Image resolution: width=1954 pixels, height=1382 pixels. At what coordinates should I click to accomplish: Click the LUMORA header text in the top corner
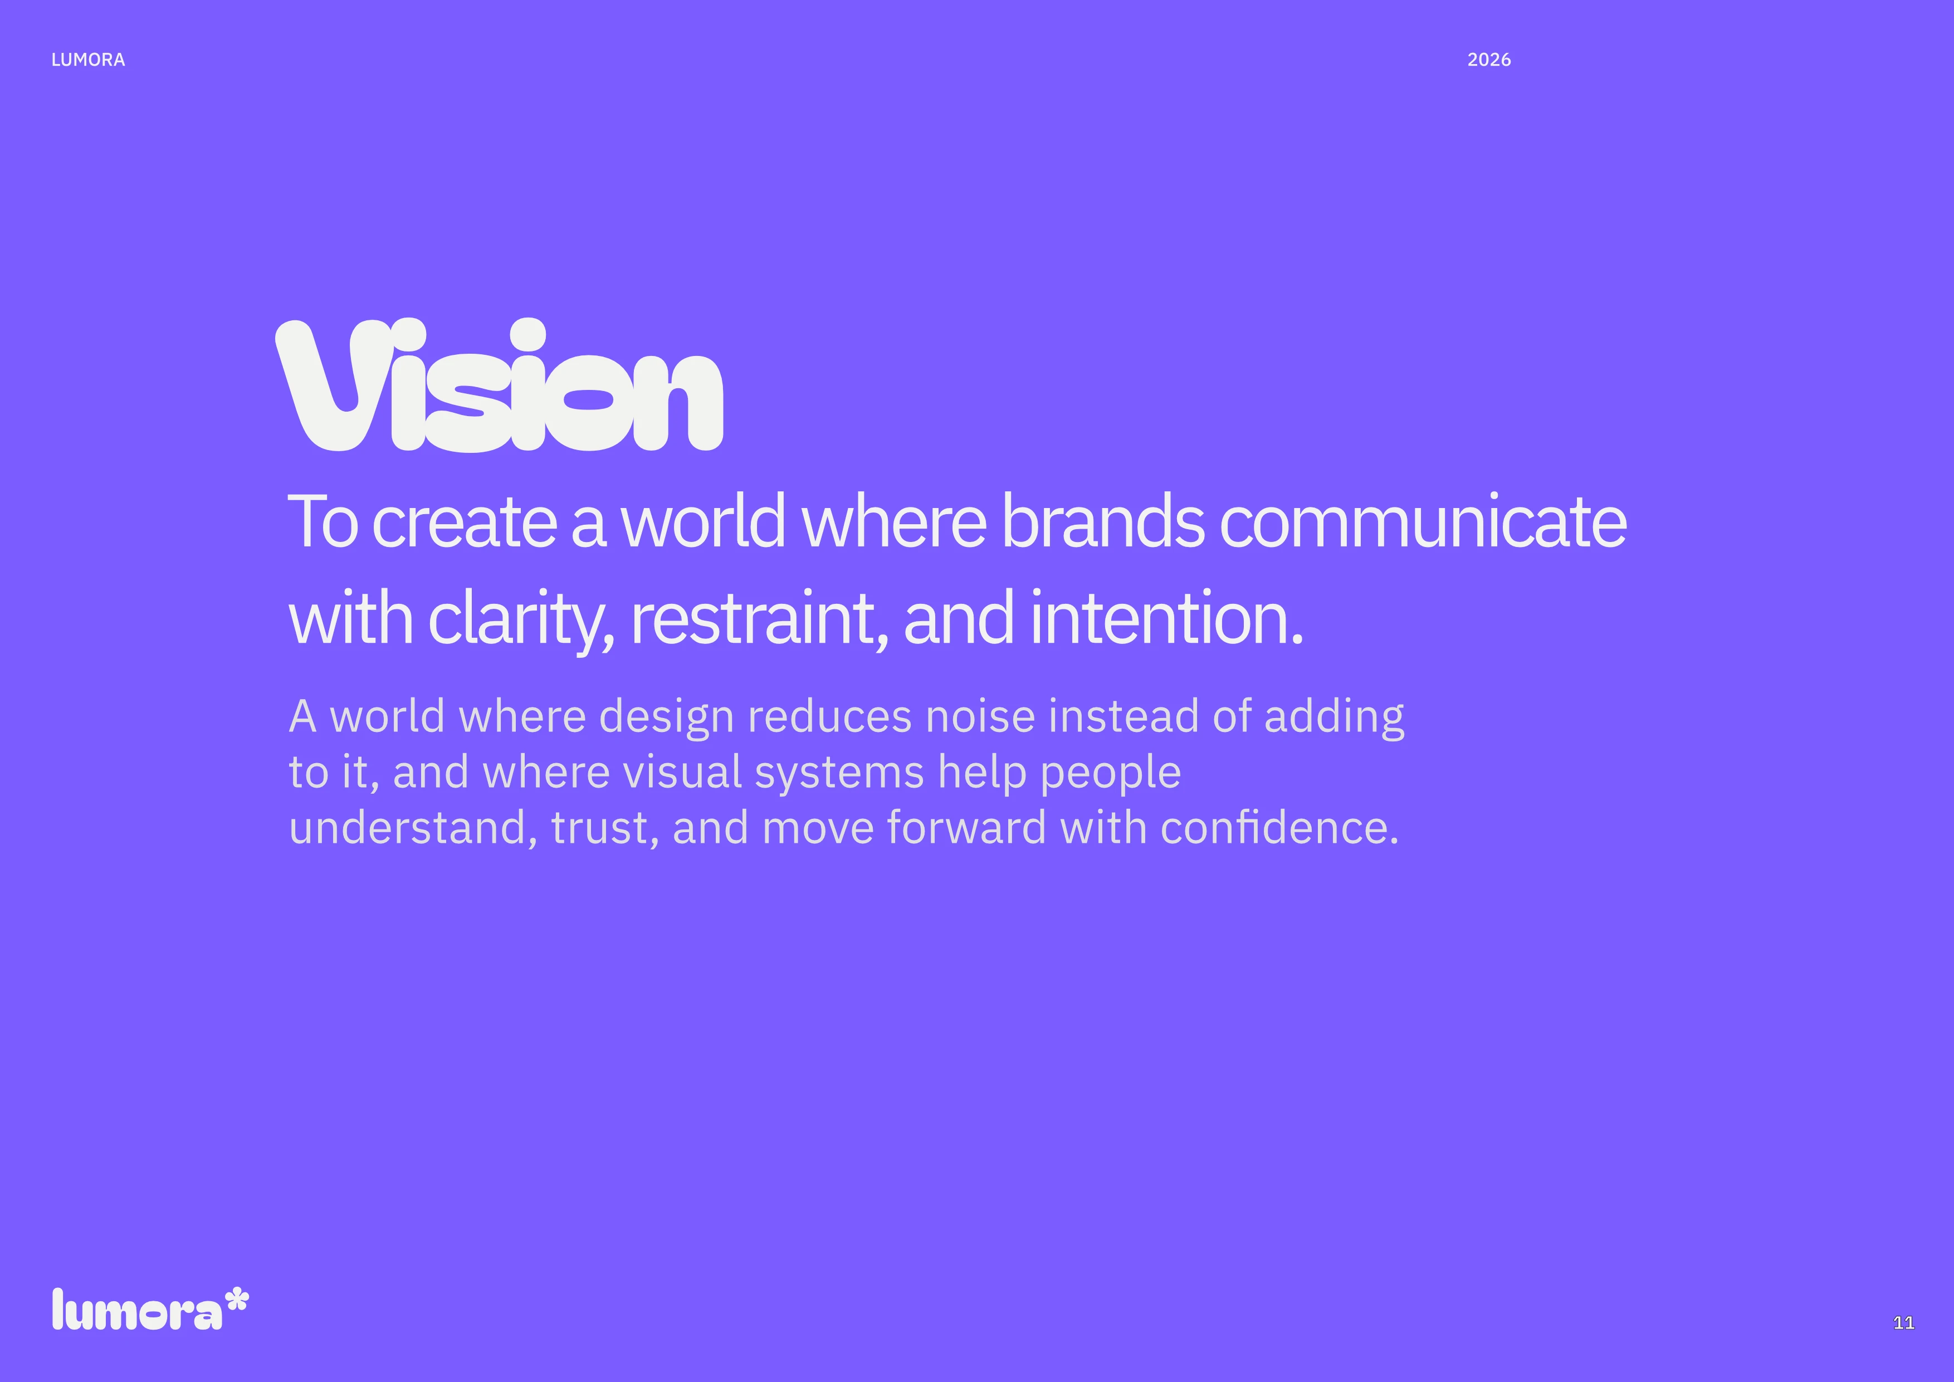(x=87, y=60)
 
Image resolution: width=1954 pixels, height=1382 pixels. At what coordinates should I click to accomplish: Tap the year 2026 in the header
(x=1488, y=60)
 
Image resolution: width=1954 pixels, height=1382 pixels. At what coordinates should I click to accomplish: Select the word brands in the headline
(x=1102, y=521)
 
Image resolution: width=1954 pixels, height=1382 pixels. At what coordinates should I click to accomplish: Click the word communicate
(x=1423, y=521)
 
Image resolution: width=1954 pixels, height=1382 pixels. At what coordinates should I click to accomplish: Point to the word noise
(x=980, y=716)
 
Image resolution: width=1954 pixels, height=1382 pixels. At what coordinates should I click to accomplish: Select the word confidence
(x=1279, y=827)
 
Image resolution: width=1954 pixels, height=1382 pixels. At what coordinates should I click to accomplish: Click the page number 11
(x=1904, y=1322)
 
